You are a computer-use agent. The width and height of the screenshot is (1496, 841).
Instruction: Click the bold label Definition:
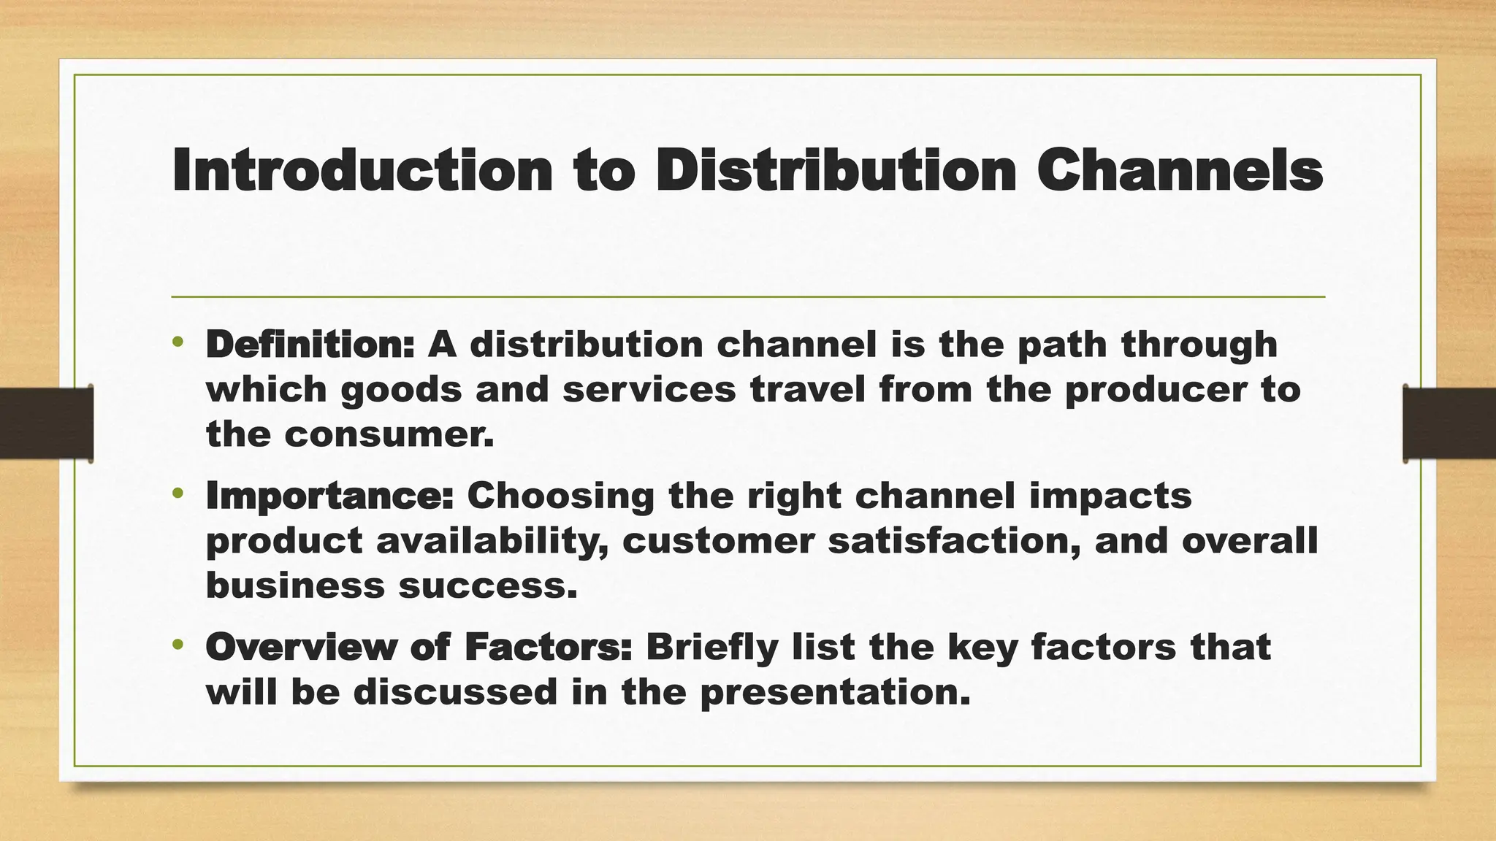310,344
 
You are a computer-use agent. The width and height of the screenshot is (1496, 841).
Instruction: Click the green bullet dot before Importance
178,494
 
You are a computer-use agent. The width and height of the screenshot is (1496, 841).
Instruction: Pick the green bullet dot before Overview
178,645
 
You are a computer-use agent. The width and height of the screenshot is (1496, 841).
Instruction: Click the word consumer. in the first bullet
389,435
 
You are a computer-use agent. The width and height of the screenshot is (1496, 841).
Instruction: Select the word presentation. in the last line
835,692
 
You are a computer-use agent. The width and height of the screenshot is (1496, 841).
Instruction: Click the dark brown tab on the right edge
1449,423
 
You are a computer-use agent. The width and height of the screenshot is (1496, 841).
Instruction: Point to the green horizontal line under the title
748,297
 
